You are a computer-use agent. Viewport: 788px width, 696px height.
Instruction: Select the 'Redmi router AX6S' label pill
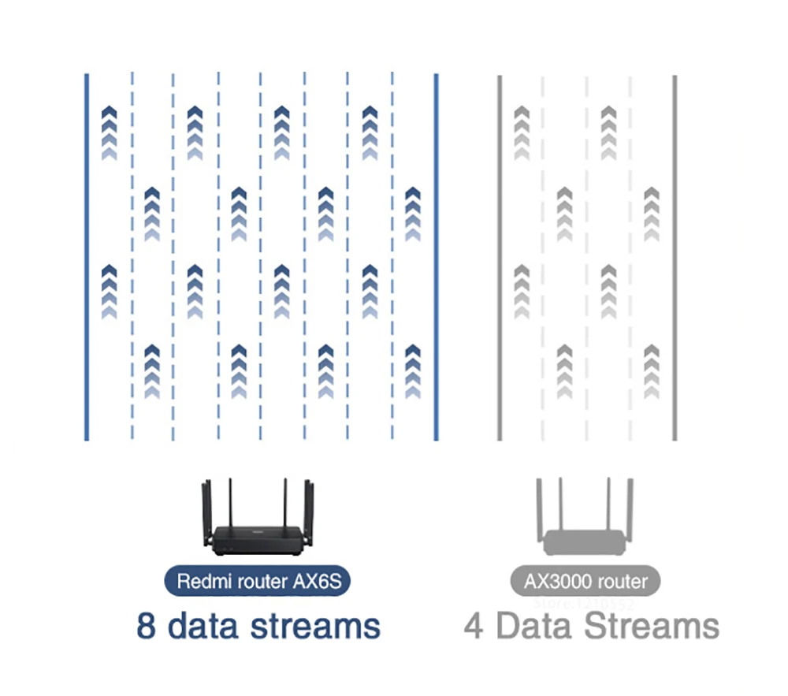coord(257,582)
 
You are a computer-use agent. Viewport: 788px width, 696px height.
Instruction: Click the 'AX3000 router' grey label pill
coord(585,582)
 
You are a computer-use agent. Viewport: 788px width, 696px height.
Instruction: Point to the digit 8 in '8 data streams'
coord(146,626)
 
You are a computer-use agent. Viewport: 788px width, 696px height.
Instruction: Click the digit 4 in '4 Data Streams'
coord(474,627)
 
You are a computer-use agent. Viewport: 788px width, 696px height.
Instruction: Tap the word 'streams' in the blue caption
coord(315,626)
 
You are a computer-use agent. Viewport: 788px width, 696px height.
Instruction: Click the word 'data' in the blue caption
coord(205,626)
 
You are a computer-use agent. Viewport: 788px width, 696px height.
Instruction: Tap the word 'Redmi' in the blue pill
coord(199,582)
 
